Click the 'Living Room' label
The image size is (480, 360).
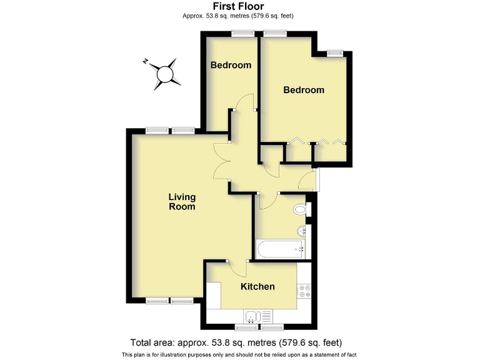click(182, 202)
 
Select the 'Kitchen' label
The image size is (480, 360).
click(258, 286)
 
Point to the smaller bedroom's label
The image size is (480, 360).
click(231, 65)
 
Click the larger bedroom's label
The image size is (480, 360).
click(304, 90)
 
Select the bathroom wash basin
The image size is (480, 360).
click(304, 230)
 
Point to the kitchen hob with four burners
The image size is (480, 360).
click(306, 291)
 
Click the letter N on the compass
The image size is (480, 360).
click(145, 61)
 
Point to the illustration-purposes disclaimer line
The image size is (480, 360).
click(239, 354)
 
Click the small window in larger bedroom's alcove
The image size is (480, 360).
click(335, 53)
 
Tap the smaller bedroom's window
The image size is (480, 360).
click(239, 34)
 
